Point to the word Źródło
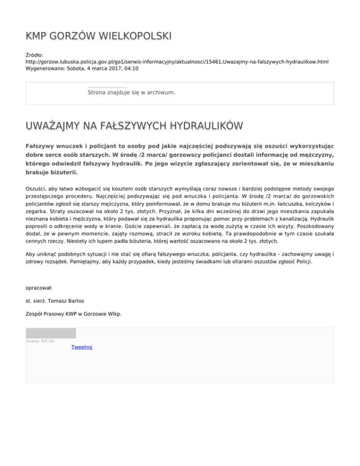(x=34, y=55)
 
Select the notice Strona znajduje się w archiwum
(x=131, y=92)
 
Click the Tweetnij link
(x=82, y=347)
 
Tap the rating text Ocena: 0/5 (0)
(x=40, y=341)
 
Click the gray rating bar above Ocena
(x=51, y=333)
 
